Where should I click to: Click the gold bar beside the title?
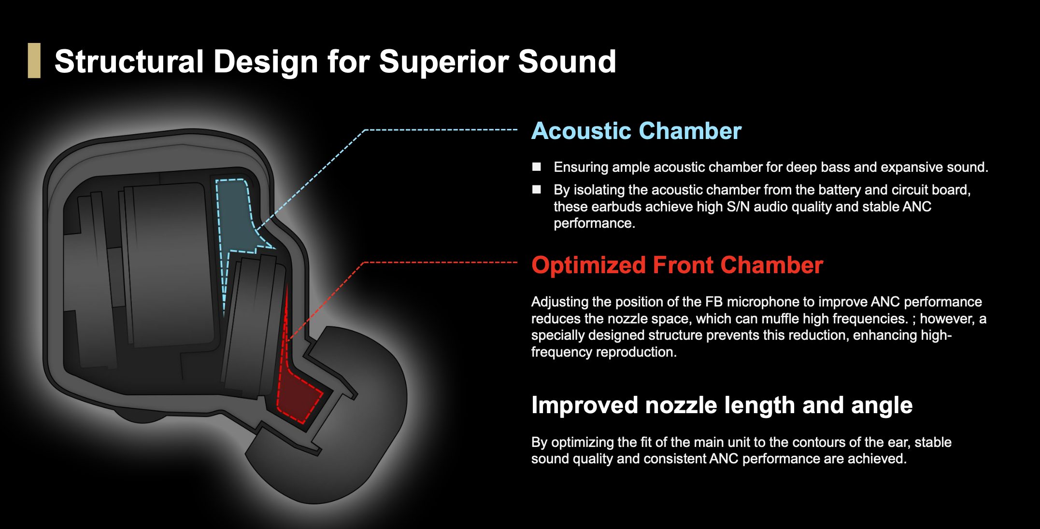(34, 60)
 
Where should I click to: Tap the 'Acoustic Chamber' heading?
(636, 131)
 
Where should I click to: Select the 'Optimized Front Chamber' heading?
(677, 265)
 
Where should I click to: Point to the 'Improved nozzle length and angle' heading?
(722, 405)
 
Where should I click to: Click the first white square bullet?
(537, 167)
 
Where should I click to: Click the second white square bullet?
(537, 189)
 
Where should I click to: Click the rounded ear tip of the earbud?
(338, 434)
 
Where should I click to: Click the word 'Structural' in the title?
(129, 62)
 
